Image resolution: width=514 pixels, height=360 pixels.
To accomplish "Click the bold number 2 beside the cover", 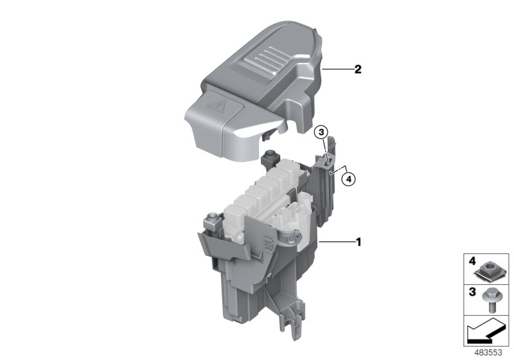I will (x=357, y=68).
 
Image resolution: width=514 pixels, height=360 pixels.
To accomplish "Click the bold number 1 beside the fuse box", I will (x=359, y=242).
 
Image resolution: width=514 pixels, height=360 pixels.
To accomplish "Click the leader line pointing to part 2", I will (x=335, y=69).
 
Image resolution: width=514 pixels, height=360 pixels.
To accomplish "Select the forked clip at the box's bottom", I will (x=295, y=319).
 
